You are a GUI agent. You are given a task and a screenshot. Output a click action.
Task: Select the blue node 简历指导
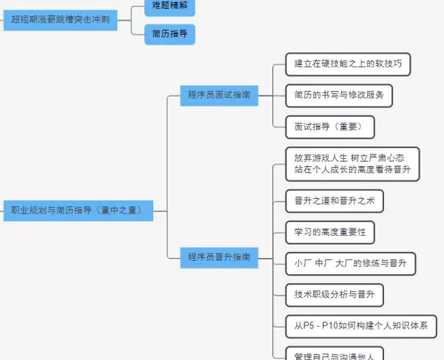[169, 33]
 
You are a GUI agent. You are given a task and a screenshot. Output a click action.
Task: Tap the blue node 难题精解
[169, 6]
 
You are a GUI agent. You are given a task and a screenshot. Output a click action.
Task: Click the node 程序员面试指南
[218, 95]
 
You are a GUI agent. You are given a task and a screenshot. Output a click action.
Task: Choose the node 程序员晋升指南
[218, 257]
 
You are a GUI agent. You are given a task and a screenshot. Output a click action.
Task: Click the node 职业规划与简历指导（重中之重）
[77, 210]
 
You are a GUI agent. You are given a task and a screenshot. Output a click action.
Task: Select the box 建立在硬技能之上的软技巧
[347, 64]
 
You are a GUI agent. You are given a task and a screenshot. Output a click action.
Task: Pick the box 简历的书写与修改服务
[338, 95]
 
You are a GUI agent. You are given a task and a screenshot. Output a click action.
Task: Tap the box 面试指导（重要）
[329, 126]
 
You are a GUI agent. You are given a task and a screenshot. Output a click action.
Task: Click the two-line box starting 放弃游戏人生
[351, 163]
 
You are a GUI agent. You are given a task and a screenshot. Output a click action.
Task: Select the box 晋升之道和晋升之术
[334, 200]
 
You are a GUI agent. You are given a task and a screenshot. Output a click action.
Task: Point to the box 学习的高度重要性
[329, 231]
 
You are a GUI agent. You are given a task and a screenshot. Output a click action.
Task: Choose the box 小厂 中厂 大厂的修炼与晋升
[351, 262]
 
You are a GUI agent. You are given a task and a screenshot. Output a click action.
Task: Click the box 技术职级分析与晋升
[334, 294]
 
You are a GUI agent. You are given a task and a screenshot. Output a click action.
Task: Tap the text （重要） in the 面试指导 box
[346, 126]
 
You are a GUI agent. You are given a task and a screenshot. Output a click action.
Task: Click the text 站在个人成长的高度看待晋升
[351, 169]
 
